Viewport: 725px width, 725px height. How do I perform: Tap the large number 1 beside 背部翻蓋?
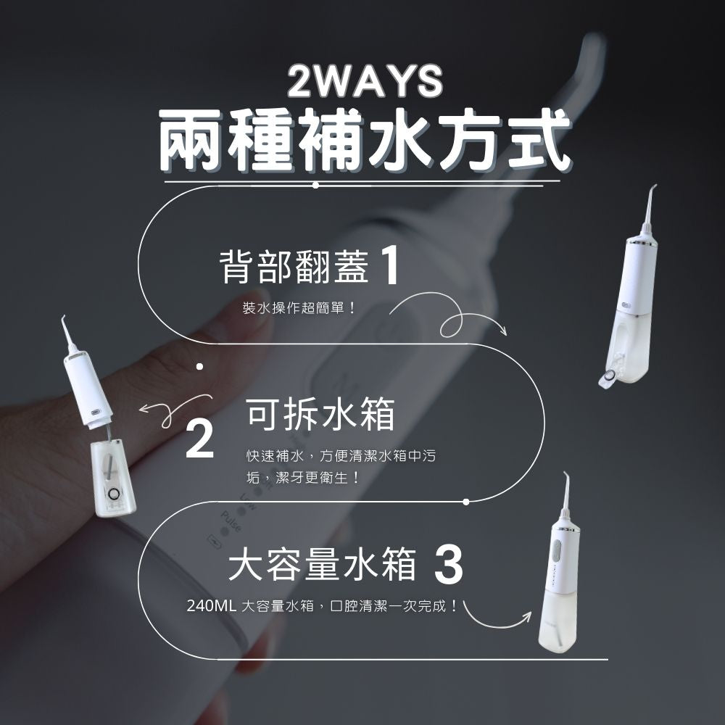[x=390, y=267]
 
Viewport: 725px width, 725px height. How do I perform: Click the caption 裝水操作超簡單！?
[x=299, y=308]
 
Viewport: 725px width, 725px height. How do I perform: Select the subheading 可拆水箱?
[x=320, y=415]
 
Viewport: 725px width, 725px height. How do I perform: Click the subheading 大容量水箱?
[x=322, y=567]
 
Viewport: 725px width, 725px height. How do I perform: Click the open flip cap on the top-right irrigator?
[x=607, y=376]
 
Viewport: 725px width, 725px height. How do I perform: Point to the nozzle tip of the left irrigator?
[x=63, y=318]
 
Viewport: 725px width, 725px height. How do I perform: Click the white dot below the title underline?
[x=315, y=186]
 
